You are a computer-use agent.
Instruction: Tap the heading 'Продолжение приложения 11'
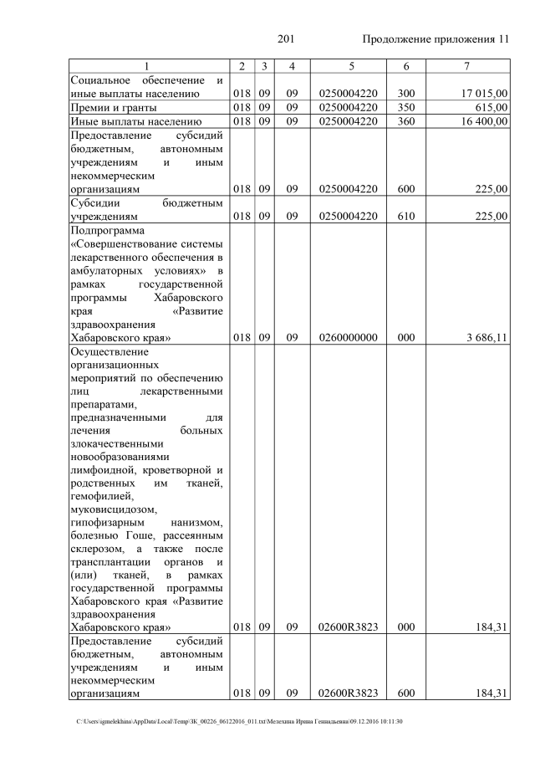click(436, 39)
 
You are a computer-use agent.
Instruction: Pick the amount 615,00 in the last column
click(491, 108)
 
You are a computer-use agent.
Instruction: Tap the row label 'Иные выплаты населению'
click(135, 121)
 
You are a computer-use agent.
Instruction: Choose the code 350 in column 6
click(406, 108)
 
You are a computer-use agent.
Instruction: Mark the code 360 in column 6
click(406, 121)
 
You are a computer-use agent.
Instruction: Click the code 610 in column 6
click(406, 217)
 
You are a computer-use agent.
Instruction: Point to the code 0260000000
click(350, 339)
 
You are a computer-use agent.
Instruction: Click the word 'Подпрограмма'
click(108, 230)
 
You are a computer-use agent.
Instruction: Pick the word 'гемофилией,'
click(101, 494)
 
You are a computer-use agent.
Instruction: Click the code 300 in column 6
click(406, 94)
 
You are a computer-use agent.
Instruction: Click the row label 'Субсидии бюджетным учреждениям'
click(146, 210)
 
